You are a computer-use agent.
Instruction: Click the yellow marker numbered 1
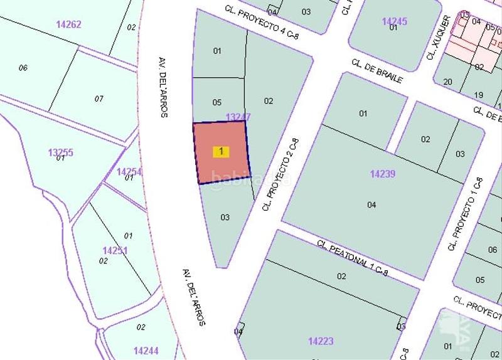tap(221, 152)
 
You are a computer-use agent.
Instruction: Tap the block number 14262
tap(68, 24)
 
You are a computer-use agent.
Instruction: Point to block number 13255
tap(60, 152)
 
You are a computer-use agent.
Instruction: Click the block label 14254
tap(129, 171)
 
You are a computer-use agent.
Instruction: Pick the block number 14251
tap(115, 250)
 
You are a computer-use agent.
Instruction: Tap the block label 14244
tap(146, 351)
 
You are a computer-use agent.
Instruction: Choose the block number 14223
tap(321, 341)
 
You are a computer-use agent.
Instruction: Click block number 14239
tap(382, 174)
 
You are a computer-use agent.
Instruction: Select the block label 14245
tap(394, 21)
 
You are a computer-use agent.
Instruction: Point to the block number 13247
tap(238, 117)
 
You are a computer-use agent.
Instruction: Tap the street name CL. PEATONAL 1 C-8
tap(353, 258)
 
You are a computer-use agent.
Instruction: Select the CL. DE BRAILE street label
tap(376, 71)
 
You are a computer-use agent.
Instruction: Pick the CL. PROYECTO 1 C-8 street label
tap(465, 214)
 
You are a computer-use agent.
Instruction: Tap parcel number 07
tap(99, 98)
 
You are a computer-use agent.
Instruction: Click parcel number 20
tap(447, 82)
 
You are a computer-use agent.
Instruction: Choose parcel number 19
tap(478, 95)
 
